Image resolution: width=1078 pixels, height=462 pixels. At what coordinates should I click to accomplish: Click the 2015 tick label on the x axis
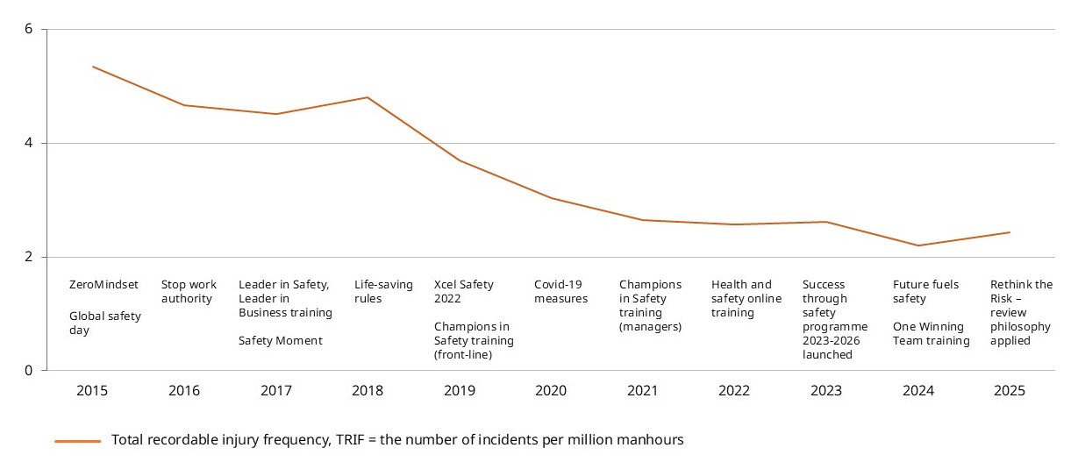(92, 390)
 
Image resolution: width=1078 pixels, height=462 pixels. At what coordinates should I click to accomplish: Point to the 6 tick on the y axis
(29, 29)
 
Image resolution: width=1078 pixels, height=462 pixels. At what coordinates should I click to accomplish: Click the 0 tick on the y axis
(29, 370)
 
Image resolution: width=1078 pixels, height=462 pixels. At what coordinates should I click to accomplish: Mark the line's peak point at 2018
(367, 97)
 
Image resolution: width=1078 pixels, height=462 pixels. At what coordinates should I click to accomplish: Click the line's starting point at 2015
(92, 67)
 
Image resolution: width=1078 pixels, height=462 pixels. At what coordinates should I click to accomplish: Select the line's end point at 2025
(1010, 232)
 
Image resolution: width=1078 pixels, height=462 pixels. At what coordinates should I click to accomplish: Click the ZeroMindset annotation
(104, 284)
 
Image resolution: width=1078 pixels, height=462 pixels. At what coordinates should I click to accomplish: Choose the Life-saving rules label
(383, 291)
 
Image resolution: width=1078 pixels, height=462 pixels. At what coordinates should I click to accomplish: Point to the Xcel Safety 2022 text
(463, 291)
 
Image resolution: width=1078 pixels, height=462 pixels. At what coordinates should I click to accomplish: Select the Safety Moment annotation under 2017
(280, 341)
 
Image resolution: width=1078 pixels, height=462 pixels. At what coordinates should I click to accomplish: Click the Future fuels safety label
(925, 291)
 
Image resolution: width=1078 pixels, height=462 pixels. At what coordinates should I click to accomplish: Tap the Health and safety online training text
(745, 298)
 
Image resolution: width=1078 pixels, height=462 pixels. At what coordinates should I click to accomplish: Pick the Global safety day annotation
(104, 323)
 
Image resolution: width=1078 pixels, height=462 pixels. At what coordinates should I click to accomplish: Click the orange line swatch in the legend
(77, 441)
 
